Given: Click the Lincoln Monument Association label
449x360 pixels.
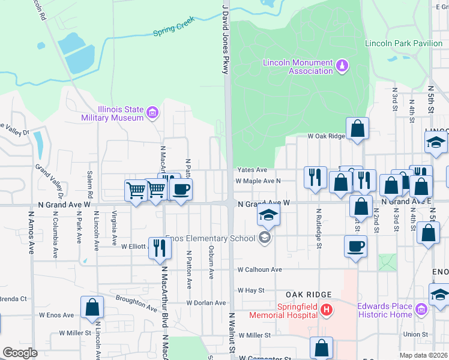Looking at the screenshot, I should (x=298, y=67).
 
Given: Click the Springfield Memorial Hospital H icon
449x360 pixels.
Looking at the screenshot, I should (x=326, y=310).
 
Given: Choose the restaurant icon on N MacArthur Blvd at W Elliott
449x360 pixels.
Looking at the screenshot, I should (x=159, y=247).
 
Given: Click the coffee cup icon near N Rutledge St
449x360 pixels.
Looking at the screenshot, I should (x=355, y=245).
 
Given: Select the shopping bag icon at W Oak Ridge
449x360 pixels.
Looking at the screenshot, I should (x=357, y=128).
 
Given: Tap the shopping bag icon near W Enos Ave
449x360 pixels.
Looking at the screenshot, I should (x=93, y=307).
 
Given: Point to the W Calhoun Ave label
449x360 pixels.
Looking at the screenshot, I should (x=259, y=270).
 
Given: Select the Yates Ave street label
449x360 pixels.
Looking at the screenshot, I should (x=252, y=170).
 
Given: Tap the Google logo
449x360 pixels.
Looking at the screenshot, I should (x=20, y=353).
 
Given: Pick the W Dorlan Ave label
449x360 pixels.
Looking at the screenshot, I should (x=206, y=303).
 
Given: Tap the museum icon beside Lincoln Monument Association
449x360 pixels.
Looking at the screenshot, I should (x=342, y=65).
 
